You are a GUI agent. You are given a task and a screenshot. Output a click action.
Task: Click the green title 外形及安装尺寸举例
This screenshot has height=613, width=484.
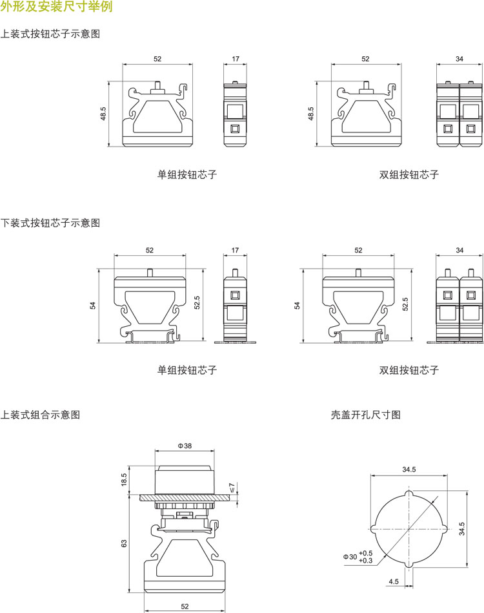click(56, 6)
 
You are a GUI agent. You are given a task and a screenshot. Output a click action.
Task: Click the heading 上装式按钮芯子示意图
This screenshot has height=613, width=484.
click(50, 34)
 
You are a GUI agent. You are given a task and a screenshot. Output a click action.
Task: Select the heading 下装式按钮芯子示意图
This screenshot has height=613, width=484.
click(50, 223)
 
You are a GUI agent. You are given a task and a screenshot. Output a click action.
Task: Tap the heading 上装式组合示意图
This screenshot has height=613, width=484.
click(40, 415)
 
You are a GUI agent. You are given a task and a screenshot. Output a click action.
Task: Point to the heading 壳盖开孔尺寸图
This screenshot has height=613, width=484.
click(366, 415)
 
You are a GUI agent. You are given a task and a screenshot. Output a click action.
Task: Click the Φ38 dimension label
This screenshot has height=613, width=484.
click(185, 446)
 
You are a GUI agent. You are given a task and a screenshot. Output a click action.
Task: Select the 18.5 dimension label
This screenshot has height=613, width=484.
click(124, 480)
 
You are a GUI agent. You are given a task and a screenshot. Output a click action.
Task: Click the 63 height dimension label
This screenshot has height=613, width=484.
click(124, 543)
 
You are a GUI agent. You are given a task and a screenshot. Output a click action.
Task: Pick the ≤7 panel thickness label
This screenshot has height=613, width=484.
click(232, 487)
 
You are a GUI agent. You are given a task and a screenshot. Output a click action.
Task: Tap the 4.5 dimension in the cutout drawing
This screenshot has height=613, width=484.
click(394, 581)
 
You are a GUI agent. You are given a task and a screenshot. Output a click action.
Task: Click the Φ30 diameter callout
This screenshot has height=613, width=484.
click(350, 557)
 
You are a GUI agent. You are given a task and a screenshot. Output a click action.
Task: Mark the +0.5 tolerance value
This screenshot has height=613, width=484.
click(366, 553)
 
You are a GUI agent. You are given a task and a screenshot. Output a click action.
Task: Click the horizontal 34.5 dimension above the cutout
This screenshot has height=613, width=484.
click(409, 469)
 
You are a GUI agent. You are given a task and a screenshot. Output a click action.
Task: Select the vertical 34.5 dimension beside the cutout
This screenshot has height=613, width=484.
click(462, 528)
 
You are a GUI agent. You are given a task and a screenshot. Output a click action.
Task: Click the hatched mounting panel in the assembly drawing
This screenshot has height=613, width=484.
click(185, 497)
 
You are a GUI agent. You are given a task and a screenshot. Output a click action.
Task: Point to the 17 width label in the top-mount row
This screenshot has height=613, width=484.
click(235, 59)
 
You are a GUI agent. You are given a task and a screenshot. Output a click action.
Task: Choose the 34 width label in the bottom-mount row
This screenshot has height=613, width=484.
click(459, 250)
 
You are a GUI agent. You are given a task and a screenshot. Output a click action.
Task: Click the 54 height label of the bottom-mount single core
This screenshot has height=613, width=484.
click(92, 306)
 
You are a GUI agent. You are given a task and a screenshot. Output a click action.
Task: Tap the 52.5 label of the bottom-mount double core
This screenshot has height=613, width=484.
click(405, 304)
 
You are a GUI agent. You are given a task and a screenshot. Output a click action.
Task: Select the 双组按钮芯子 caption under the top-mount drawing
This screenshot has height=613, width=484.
click(409, 174)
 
